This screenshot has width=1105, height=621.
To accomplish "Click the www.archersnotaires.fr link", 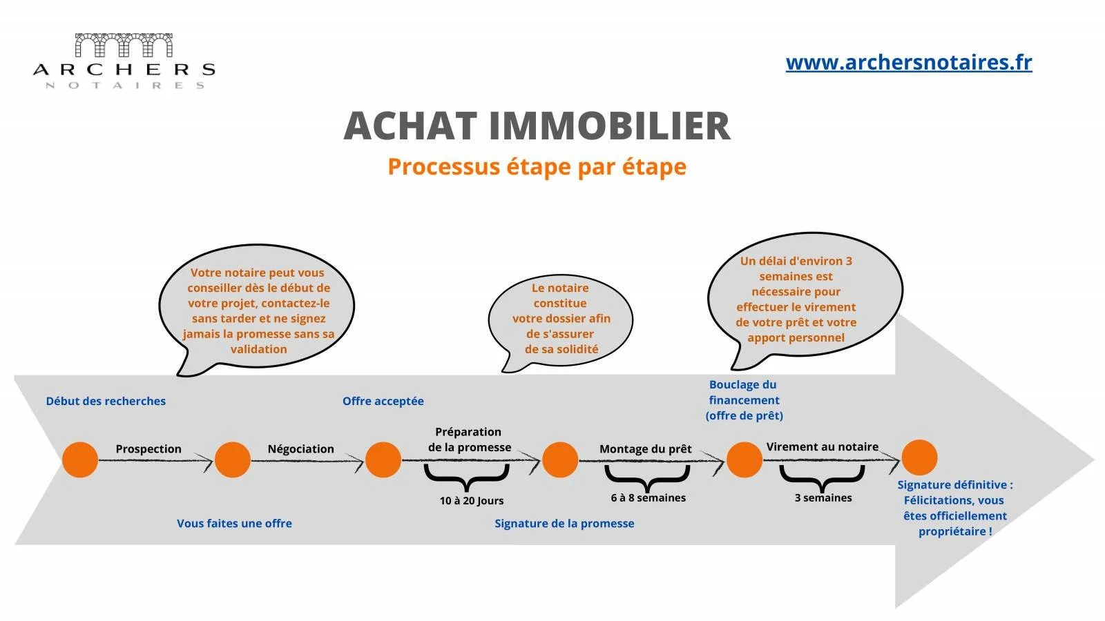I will tap(908, 63).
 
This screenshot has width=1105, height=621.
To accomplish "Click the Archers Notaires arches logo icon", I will tap(124, 46).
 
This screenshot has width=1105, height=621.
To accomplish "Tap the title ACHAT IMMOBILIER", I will tap(537, 126).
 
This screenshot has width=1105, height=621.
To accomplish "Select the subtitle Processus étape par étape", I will tap(537, 167).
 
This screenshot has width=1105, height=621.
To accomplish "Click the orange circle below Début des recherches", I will tap(80, 460).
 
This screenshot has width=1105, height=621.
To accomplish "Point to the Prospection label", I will tap(148, 448).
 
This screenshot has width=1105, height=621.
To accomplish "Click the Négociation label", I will tap(300, 448).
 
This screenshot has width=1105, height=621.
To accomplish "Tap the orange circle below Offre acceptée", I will tap(383, 460).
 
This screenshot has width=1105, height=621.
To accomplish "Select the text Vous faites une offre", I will tap(234, 523).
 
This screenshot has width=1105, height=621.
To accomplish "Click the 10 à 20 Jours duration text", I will tap(472, 500).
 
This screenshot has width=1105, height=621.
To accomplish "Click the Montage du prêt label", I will tap(645, 448).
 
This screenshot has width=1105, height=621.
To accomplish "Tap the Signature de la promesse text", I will tap(564, 523).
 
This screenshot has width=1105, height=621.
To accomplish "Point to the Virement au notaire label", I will tap(822, 446).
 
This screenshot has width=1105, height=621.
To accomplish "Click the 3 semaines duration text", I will tap(823, 497).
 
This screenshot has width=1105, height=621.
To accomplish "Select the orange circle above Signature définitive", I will tap(919, 457).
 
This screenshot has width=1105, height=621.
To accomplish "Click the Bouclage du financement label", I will tap(744, 400).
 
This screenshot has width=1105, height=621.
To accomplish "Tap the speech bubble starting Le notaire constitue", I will tap(560, 318).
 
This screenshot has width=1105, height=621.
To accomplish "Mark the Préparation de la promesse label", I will tap(469, 440).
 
